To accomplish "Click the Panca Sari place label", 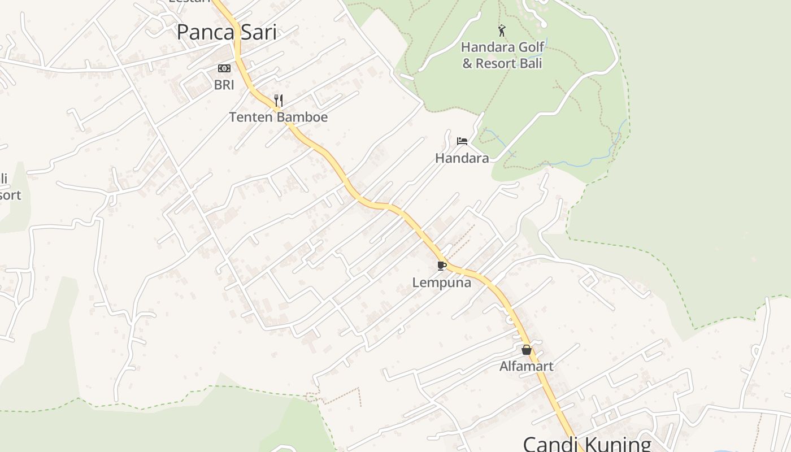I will pyautogui.click(x=227, y=33).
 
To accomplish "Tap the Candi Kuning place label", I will pyautogui.click(x=587, y=444).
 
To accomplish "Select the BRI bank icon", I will pyautogui.click(x=224, y=69).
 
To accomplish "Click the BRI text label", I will pyautogui.click(x=224, y=85).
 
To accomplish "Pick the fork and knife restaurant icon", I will pyautogui.click(x=278, y=101).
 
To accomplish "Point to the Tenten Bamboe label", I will pyautogui.click(x=278, y=117).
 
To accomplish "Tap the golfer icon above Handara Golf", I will pyautogui.click(x=502, y=31).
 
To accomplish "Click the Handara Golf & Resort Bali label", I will pyautogui.click(x=502, y=55).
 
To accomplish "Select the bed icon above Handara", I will pyautogui.click(x=462, y=141).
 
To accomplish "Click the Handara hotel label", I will pyautogui.click(x=462, y=158).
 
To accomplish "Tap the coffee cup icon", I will pyautogui.click(x=442, y=266).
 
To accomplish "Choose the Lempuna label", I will pyautogui.click(x=441, y=282).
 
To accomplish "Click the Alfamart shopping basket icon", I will pyautogui.click(x=527, y=350).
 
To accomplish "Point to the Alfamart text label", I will pyautogui.click(x=526, y=366).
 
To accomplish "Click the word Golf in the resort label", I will pyautogui.click(x=531, y=47).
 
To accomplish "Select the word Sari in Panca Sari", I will pyautogui.click(x=258, y=33).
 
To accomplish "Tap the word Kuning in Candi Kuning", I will pyautogui.click(x=619, y=444).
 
